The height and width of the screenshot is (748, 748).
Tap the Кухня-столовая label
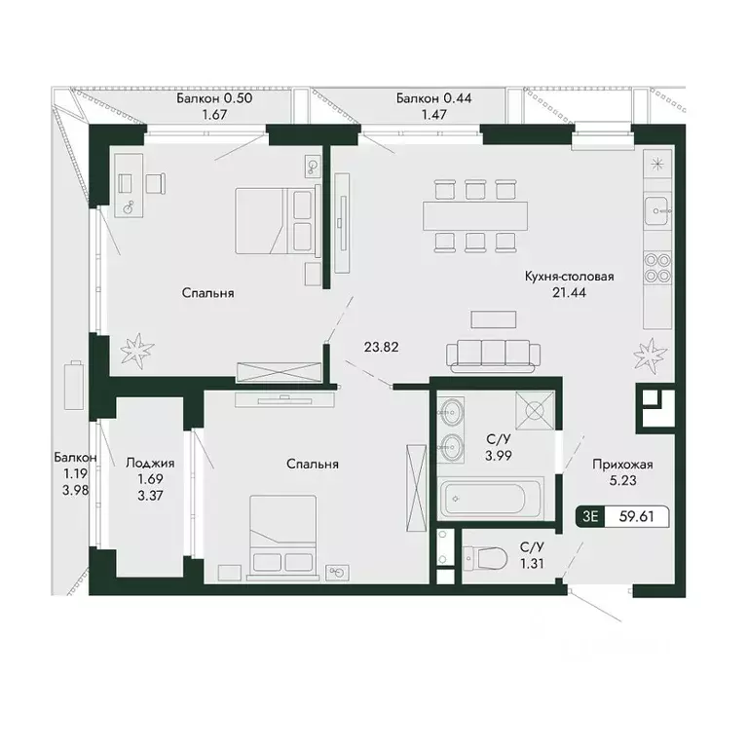pyautogui.click(x=555, y=277)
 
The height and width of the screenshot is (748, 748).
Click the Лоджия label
pyautogui.click(x=150, y=464)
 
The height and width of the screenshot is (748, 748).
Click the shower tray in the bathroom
pyautogui.click(x=535, y=411)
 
